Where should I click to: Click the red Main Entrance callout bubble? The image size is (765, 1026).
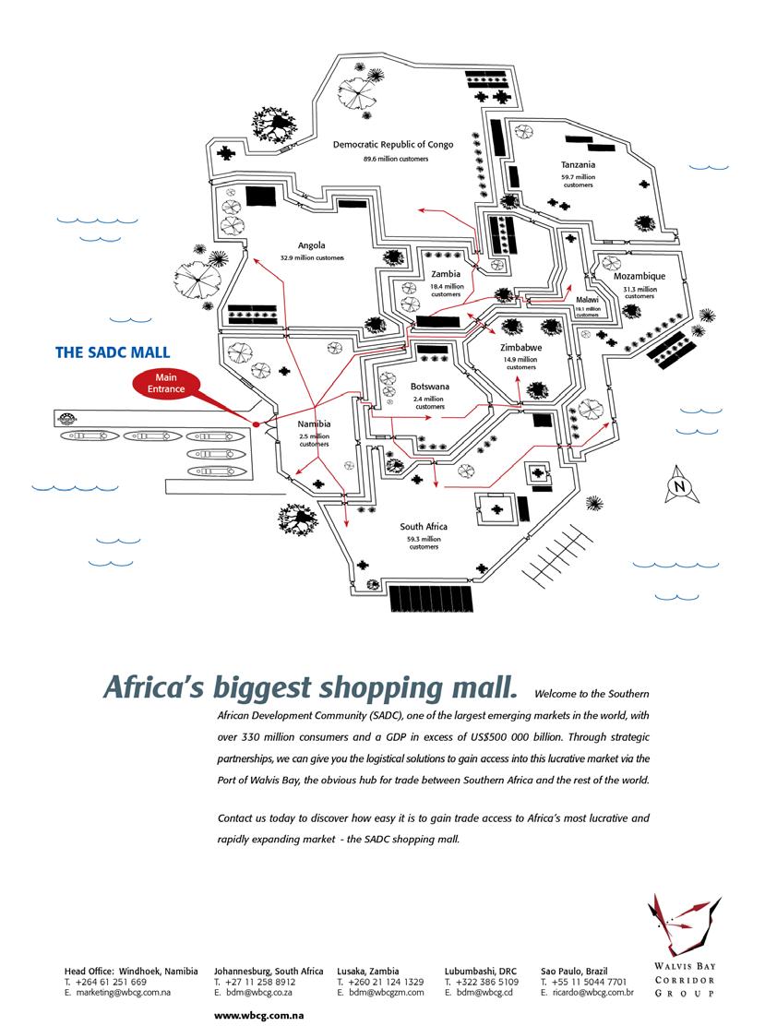(166, 384)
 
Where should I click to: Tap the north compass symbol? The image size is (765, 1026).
(679, 487)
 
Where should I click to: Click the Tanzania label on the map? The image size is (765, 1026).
(578, 164)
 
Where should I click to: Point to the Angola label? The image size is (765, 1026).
(311, 245)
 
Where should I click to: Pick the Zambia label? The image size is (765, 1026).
(446, 275)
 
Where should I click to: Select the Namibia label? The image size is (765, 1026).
(314, 425)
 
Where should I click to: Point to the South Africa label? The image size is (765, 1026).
(424, 527)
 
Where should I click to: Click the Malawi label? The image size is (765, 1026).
(587, 301)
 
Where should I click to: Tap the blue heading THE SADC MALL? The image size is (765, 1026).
(113, 352)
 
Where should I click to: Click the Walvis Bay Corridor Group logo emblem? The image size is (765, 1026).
(683, 925)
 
